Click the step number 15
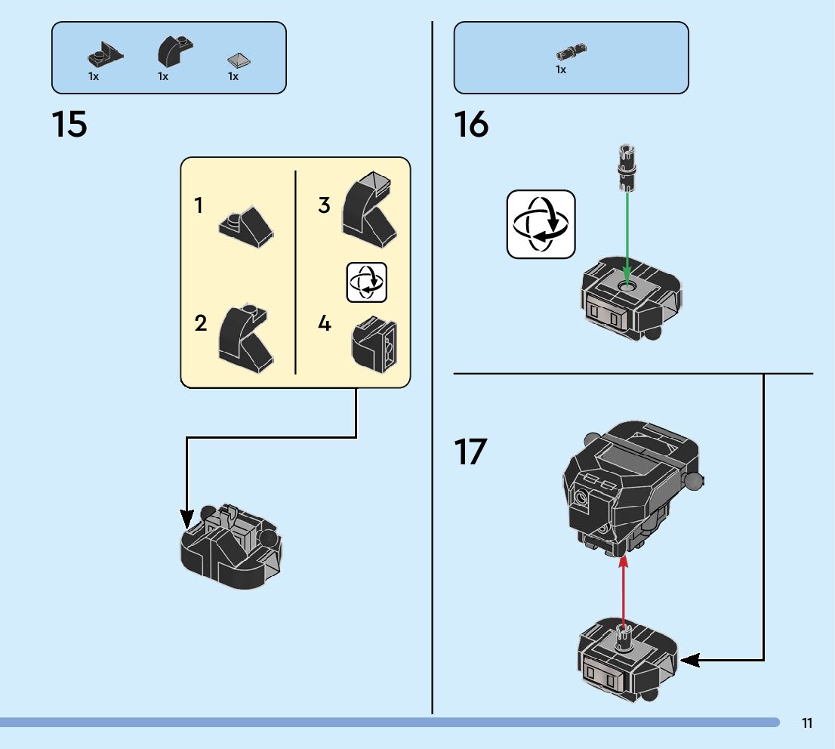pos(69,125)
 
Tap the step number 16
pos(471,125)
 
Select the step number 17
pos(471,452)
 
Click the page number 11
pos(807,723)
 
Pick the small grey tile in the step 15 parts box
pos(239,60)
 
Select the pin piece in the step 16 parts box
pos(572,51)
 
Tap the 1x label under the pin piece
pos(561,69)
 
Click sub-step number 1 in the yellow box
pos(199,205)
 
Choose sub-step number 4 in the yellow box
pos(324,324)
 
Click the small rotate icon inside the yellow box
pos(367,282)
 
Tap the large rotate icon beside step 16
pos(541,224)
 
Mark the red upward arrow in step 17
pos(624,593)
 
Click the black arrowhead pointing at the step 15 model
pos(186,519)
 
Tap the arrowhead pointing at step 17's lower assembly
pos(690,660)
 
